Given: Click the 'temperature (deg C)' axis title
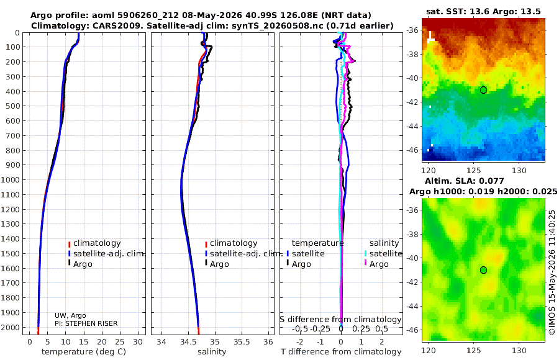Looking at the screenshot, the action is [84, 352].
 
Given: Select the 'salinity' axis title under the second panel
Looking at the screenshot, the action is [212, 352].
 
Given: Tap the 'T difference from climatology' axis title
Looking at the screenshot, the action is [341, 352].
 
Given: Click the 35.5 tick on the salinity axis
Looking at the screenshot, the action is [242, 342].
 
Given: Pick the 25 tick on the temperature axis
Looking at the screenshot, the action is [120, 342].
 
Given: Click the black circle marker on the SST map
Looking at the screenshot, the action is [483, 90].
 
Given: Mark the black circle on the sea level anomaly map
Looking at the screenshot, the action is [483, 270].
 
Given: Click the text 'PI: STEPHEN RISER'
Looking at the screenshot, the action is [86, 323].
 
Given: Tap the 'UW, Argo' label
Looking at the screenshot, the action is [70, 315].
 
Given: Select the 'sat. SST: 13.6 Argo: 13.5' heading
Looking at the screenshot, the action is [483, 12].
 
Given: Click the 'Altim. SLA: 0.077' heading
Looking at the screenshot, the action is [464, 181].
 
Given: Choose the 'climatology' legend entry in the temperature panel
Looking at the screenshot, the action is [97, 243].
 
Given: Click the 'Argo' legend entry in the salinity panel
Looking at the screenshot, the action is [219, 264].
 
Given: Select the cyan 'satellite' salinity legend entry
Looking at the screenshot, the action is [385, 253].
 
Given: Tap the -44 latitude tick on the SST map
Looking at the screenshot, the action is [413, 126].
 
